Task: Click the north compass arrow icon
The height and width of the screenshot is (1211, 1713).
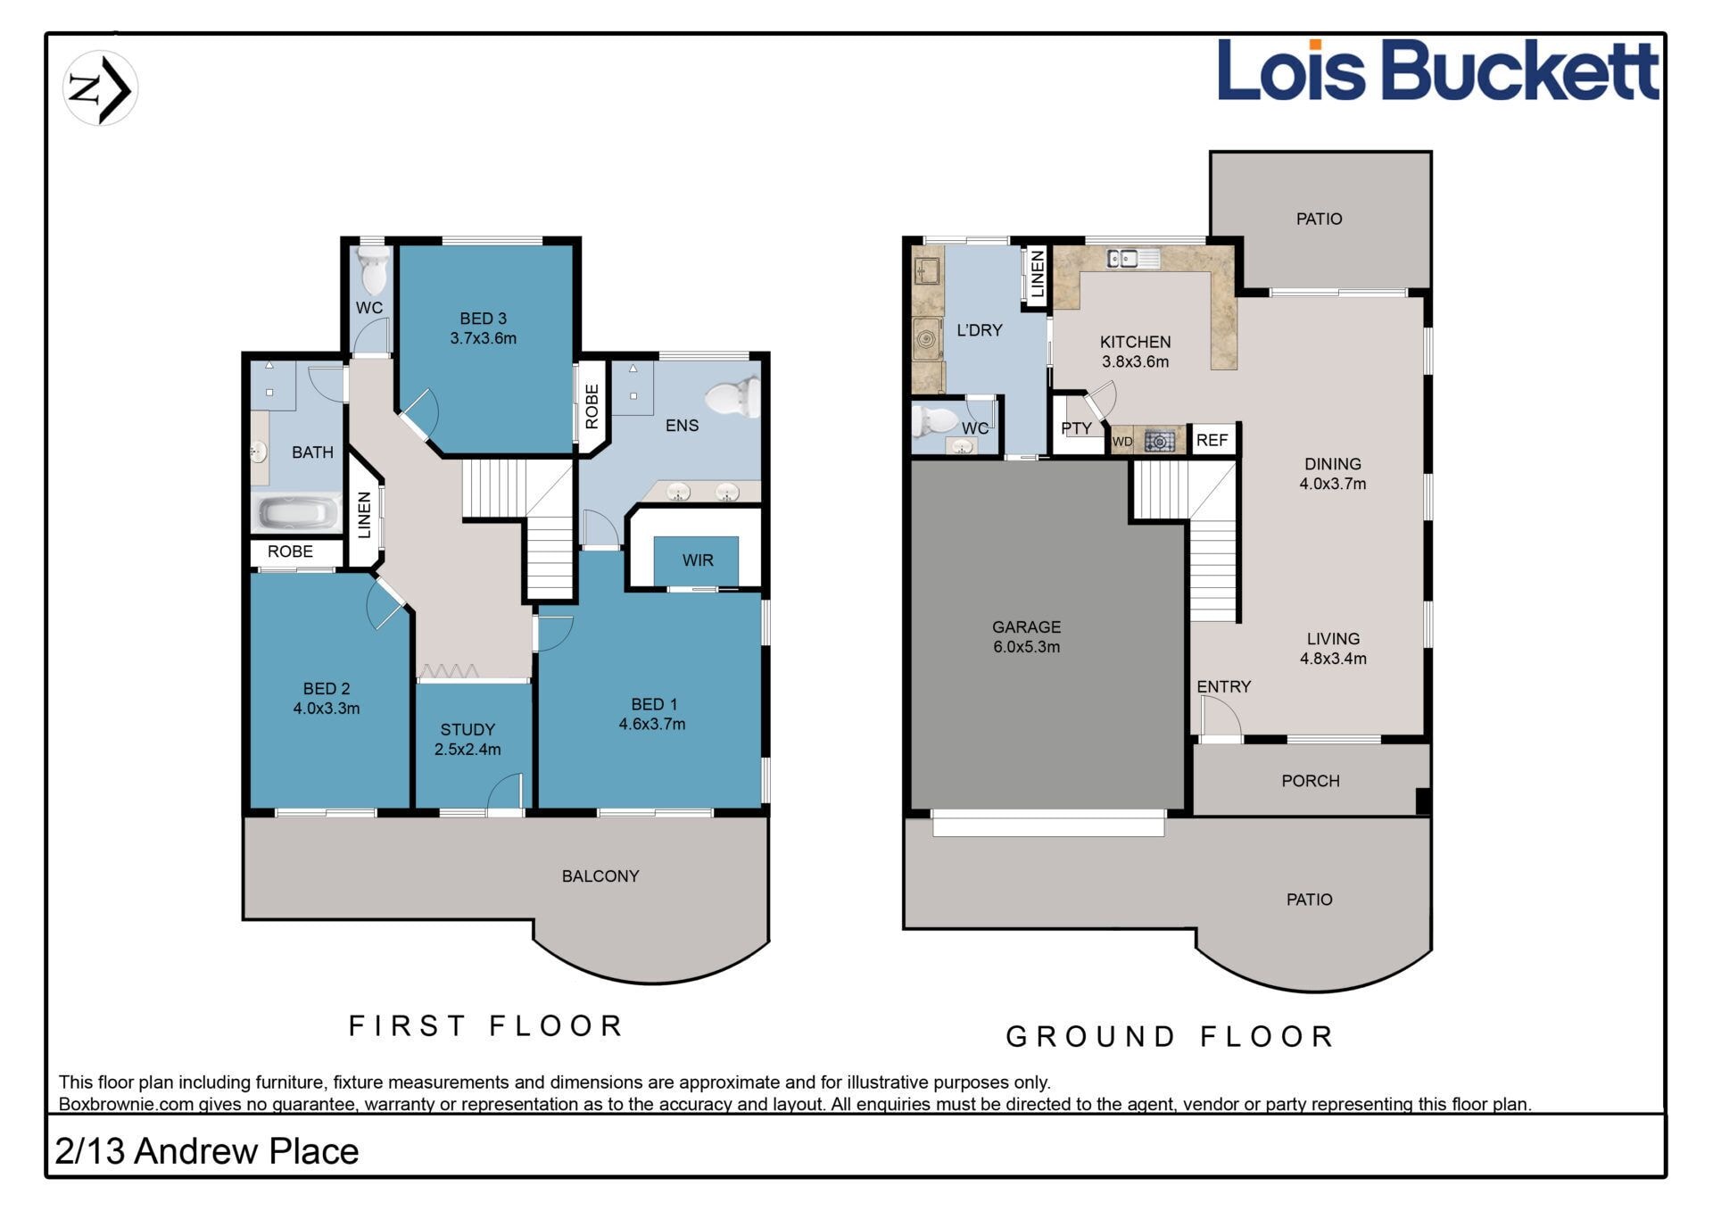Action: coord(100,88)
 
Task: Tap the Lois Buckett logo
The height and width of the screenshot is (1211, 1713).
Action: coord(1438,70)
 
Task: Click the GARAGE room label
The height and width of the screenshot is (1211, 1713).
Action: coord(1026,627)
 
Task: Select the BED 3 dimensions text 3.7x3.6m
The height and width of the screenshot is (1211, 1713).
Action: coord(483,338)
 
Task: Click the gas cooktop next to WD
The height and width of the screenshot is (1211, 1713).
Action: coord(1159,440)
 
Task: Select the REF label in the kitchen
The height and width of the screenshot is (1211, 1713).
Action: coord(1212,440)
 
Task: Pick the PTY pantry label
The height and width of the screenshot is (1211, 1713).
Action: coord(1076,428)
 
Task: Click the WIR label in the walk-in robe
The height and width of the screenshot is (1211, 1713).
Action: coord(698,560)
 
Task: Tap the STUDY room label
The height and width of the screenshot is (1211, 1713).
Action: coord(468,730)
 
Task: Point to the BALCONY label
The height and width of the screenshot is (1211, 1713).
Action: coord(600,876)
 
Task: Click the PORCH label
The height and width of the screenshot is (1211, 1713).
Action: coord(1311,781)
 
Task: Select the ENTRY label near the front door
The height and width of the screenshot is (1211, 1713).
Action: coord(1224,686)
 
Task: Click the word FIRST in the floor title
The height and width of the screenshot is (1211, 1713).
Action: coord(407,1026)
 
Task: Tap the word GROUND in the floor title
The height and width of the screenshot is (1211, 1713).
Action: coord(1091,1037)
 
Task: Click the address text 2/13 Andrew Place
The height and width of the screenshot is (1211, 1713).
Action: coord(207,1151)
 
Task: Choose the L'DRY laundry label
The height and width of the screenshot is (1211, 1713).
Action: coord(980,330)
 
